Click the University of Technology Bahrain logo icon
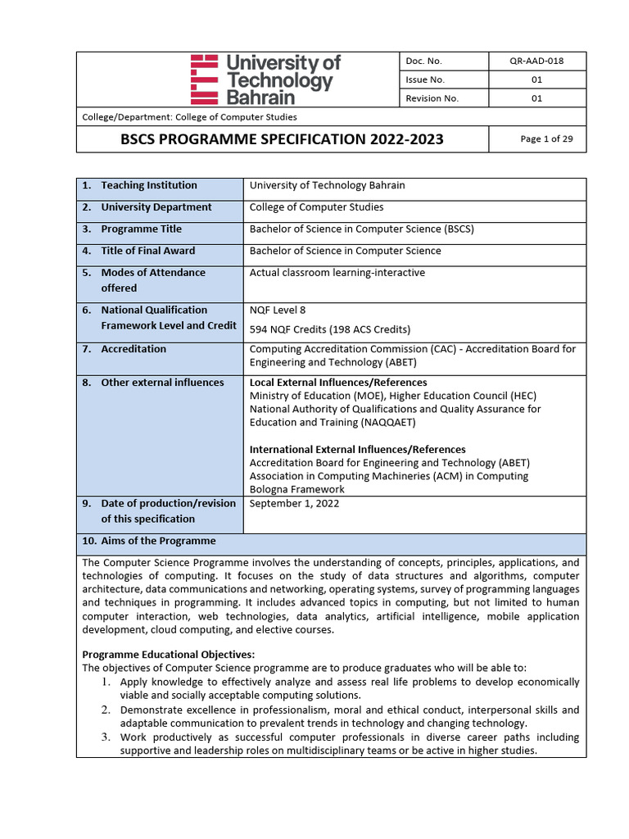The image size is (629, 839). point(203,79)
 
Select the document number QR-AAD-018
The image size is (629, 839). point(536,61)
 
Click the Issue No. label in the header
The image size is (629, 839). point(425,79)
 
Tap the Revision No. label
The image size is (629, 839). point(432,98)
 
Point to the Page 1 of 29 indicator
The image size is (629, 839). point(546,138)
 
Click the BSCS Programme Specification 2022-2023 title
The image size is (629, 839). point(282,139)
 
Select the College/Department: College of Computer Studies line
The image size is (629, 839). point(189,117)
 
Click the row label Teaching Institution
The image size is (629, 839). point(148,185)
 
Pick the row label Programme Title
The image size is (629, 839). point(141,229)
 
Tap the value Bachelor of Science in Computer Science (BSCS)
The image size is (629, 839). point(361,229)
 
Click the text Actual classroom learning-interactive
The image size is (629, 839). point(337,272)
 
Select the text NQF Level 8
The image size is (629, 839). point(277,310)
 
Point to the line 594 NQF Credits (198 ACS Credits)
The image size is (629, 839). point(329,329)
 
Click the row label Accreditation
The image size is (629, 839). point(133,349)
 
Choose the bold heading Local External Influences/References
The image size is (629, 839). point(337,383)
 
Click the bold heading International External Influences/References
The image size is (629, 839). point(357,449)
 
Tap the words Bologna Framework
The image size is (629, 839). point(296,489)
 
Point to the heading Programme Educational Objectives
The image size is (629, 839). point(169,654)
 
